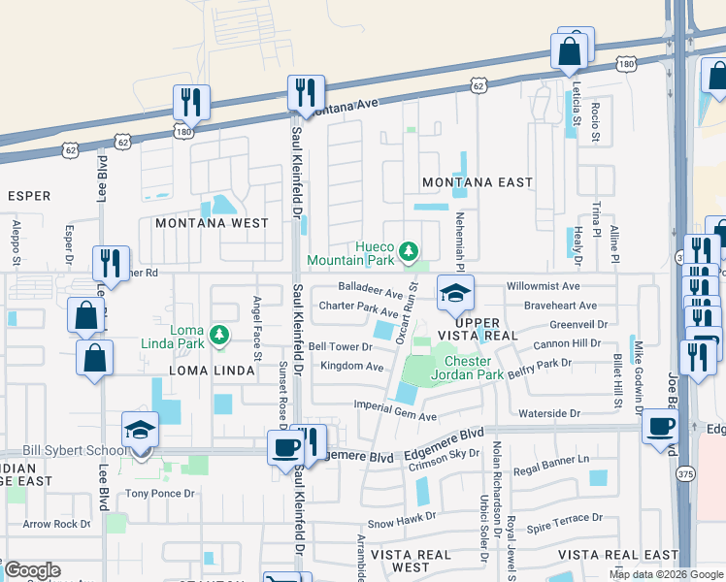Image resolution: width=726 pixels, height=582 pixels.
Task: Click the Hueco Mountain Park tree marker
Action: click(410, 252)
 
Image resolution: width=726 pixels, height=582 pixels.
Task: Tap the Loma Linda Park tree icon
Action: click(220, 336)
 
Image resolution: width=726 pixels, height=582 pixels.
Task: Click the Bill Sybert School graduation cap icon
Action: click(140, 429)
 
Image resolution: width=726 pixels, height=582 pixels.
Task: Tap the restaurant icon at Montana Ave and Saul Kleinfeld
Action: click(305, 94)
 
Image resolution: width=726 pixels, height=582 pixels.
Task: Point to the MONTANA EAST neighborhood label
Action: click(478, 182)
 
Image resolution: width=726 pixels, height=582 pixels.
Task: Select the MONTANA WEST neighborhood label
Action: click(212, 223)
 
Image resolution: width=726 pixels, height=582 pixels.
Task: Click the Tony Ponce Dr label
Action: click(160, 493)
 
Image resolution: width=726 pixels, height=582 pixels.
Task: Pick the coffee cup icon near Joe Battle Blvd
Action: click(661, 428)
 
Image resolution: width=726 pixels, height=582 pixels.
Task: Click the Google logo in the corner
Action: click(32, 570)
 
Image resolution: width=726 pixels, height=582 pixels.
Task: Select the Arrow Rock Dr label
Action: click(56, 524)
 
